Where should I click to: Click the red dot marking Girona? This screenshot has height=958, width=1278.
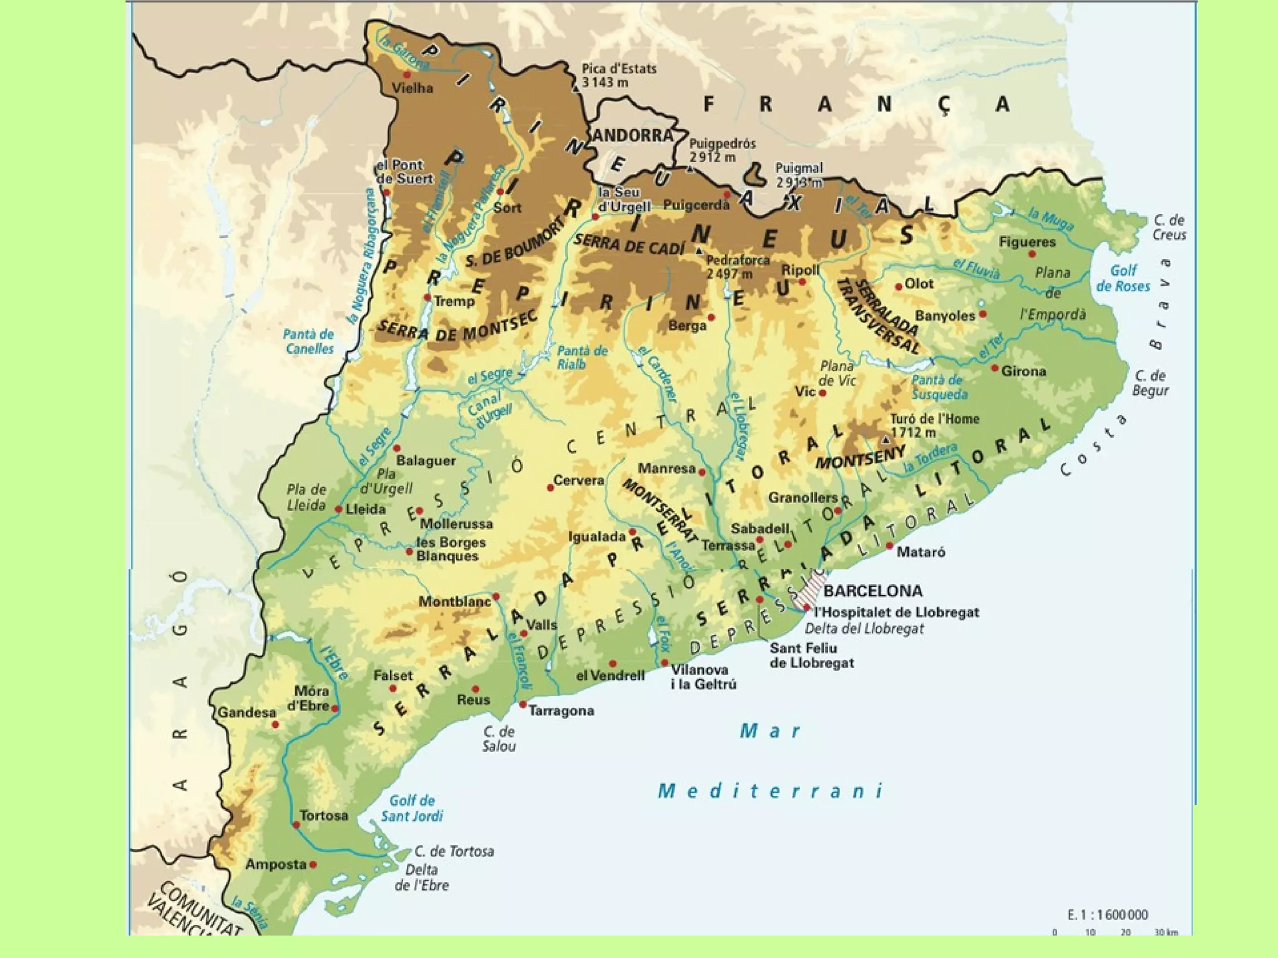995,368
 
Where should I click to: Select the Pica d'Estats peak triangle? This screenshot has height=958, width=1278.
576,89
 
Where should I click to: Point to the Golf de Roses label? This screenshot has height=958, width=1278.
1123,278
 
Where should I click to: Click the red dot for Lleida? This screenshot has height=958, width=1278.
338,509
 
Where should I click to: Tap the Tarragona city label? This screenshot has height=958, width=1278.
561,710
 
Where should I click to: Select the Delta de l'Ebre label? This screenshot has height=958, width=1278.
421,877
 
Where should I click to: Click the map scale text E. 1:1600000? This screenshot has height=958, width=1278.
1107,914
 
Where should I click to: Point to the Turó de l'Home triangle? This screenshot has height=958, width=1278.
885,440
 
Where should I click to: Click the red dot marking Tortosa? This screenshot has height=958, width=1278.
296,825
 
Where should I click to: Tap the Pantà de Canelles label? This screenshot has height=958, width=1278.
310,341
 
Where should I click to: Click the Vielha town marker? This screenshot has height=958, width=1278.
407,75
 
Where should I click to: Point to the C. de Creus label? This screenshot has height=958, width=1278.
1169,227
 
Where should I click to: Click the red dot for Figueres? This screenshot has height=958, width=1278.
1032,254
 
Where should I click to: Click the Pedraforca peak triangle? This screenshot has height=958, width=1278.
700,251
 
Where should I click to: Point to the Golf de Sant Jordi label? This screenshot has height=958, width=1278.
412,808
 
